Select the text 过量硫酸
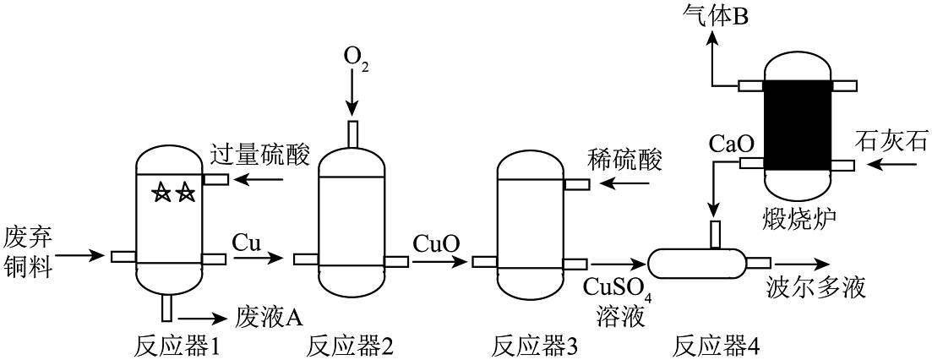pos(261,155)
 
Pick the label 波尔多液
pos(817,287)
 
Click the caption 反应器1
pos(177,346)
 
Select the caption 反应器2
pos(350,346)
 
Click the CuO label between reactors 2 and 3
pos(436,243)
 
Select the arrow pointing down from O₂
pos(352,97)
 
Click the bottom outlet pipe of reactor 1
pos(167,308)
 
